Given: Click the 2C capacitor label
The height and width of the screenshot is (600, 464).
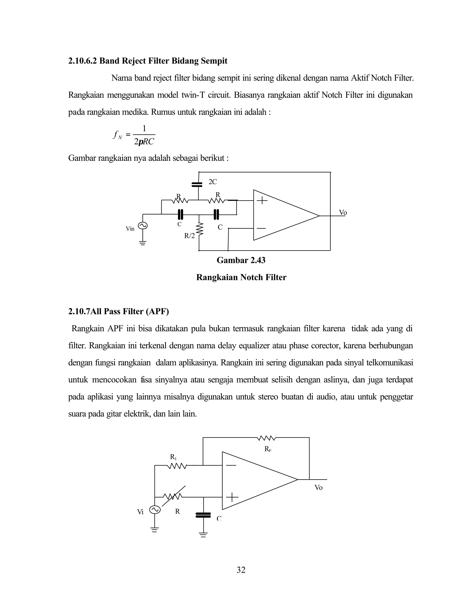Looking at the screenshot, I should coord(213,182).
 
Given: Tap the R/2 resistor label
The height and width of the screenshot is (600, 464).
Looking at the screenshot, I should coord(189,236).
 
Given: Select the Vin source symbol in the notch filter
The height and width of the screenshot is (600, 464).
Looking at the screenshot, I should coord(143,226).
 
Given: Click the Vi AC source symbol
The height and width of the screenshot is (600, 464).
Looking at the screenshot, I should coord(155,510).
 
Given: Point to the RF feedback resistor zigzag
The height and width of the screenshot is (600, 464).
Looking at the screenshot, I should coord(266,438).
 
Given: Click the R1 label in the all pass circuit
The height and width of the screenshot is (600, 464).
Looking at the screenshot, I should coord(173,457).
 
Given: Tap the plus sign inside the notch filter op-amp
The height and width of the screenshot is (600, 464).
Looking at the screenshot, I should coord(262,201).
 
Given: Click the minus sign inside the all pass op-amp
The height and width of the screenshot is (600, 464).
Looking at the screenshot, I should coord(231,465).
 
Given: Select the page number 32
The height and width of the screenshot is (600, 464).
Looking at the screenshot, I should coord(241,570).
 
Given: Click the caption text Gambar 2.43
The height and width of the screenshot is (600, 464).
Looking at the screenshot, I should coord(241,260).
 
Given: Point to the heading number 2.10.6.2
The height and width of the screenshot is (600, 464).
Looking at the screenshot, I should coord(82,61).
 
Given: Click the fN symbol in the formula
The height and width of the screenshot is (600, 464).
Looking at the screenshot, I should coord(117,135).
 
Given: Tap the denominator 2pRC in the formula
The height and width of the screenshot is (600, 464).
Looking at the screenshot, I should coord(144,142).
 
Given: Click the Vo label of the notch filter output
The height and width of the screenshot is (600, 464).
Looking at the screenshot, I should coord(343,212).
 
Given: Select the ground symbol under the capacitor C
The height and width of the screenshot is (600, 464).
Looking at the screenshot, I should coord(203,535).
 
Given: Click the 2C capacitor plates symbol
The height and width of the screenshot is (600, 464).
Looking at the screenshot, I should coord(197,184).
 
